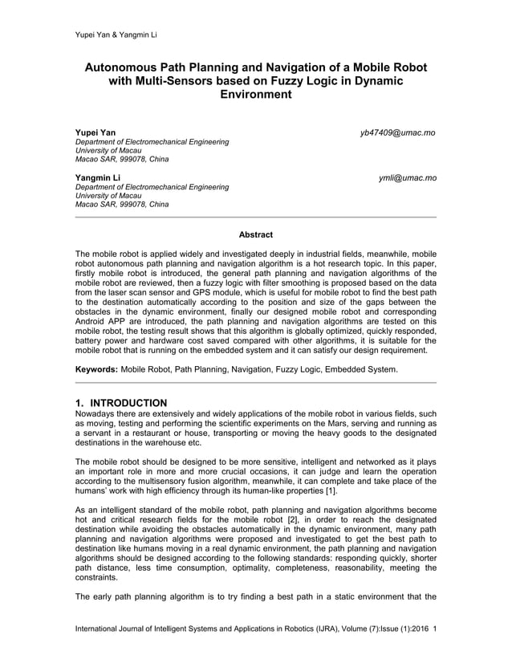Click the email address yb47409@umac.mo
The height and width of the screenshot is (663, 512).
[x=398, y=132]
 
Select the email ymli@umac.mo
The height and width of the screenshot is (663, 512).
[x=408, y=177]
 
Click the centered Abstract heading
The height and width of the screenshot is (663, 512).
[x=256, y=235]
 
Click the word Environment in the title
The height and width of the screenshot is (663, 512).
[x=256, y=95]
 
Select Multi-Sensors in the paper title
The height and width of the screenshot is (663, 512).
[x=179, y=81]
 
